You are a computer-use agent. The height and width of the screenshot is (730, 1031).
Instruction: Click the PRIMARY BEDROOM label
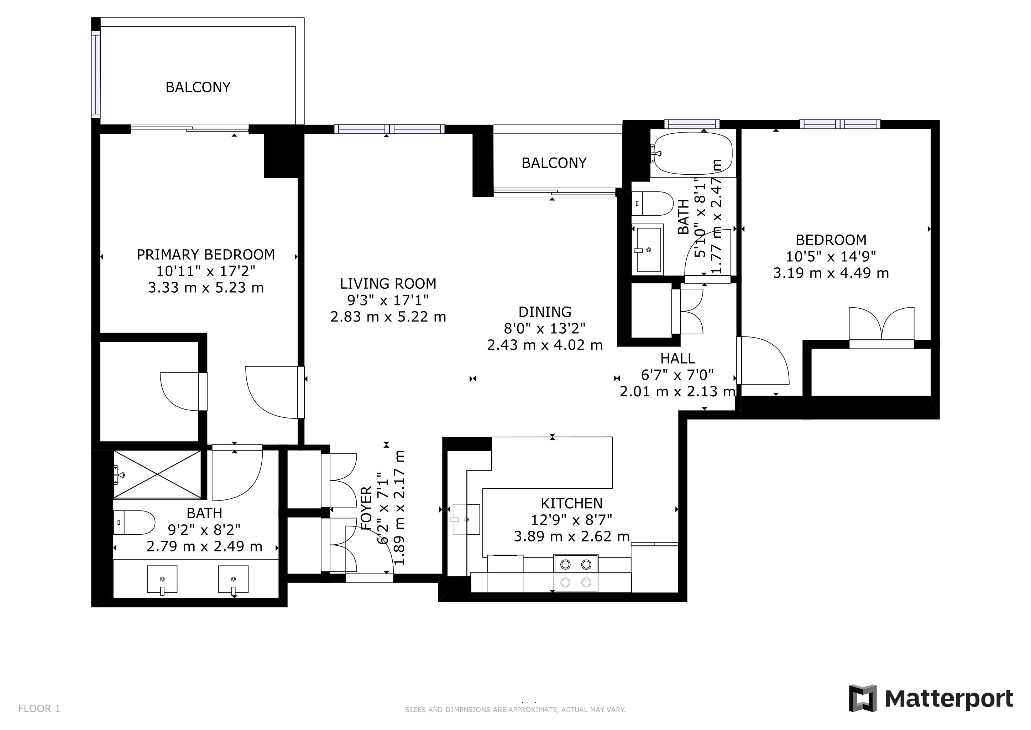click(x=206, y=255)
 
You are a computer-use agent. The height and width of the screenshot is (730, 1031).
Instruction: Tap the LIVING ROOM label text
click(x=388, y=284)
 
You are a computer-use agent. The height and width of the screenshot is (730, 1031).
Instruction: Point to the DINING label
click(x=545, y=312)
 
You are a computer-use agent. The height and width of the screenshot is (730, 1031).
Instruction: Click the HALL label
click(x=677, y=359)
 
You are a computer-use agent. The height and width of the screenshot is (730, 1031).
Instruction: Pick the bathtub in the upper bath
click(x=693, y=153)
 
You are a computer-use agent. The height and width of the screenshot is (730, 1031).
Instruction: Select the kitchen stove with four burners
click(x=576, y=573)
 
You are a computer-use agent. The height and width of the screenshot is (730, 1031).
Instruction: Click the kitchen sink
click(x=466, y=520)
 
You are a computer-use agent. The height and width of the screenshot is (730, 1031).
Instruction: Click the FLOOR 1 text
click(x=39, y=709)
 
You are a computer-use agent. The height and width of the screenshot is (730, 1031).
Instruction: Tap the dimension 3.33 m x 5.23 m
click(x=206, y=288)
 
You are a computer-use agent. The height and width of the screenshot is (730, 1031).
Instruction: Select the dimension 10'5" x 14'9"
click(x=831, y=257)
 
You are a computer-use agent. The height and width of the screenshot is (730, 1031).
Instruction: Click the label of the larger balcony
click(x=198, y=87)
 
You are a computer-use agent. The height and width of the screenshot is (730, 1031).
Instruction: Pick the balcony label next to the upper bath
click(x=554, y=163)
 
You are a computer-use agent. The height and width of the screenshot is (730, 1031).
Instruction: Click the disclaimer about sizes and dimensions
click(x=515, y=710)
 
